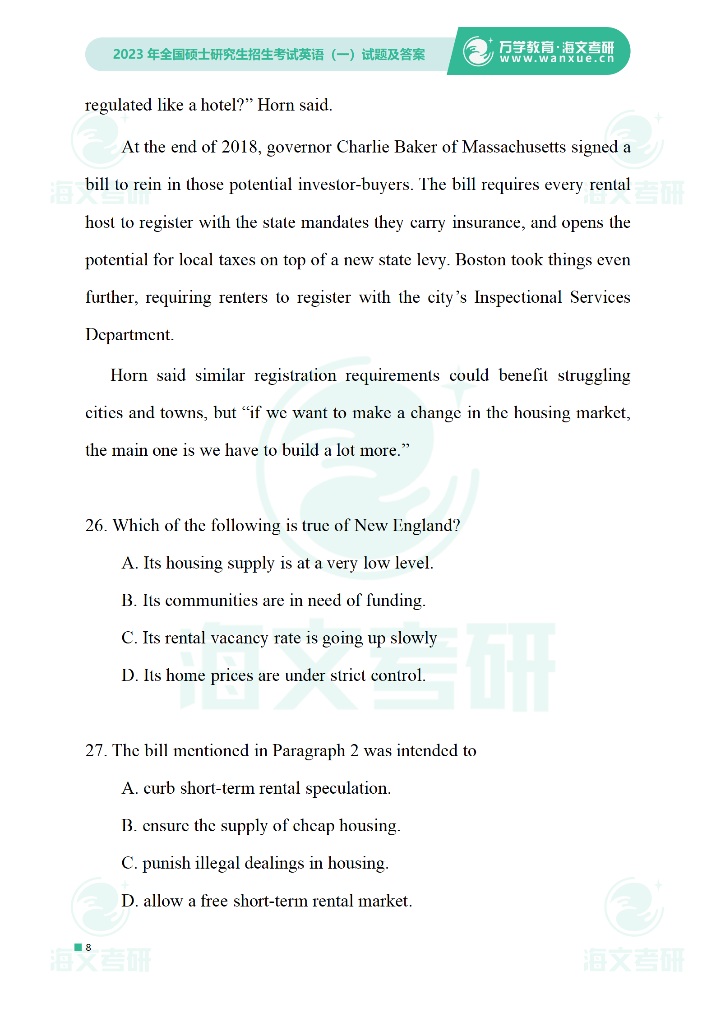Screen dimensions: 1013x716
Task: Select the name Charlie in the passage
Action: (x=363, y=147)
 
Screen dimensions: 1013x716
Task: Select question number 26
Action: (x=96, y=526)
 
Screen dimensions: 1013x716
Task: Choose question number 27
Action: (x=96, y=751)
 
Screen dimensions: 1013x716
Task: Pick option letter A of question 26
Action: (x=129, y=563)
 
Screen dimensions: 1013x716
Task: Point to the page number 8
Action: (x=88, y=948)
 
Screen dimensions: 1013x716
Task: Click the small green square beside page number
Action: (x=78, y=947)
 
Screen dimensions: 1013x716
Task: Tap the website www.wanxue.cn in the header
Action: (x=557, y=59)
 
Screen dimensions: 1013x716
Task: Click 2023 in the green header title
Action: (x=128, y=55)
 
